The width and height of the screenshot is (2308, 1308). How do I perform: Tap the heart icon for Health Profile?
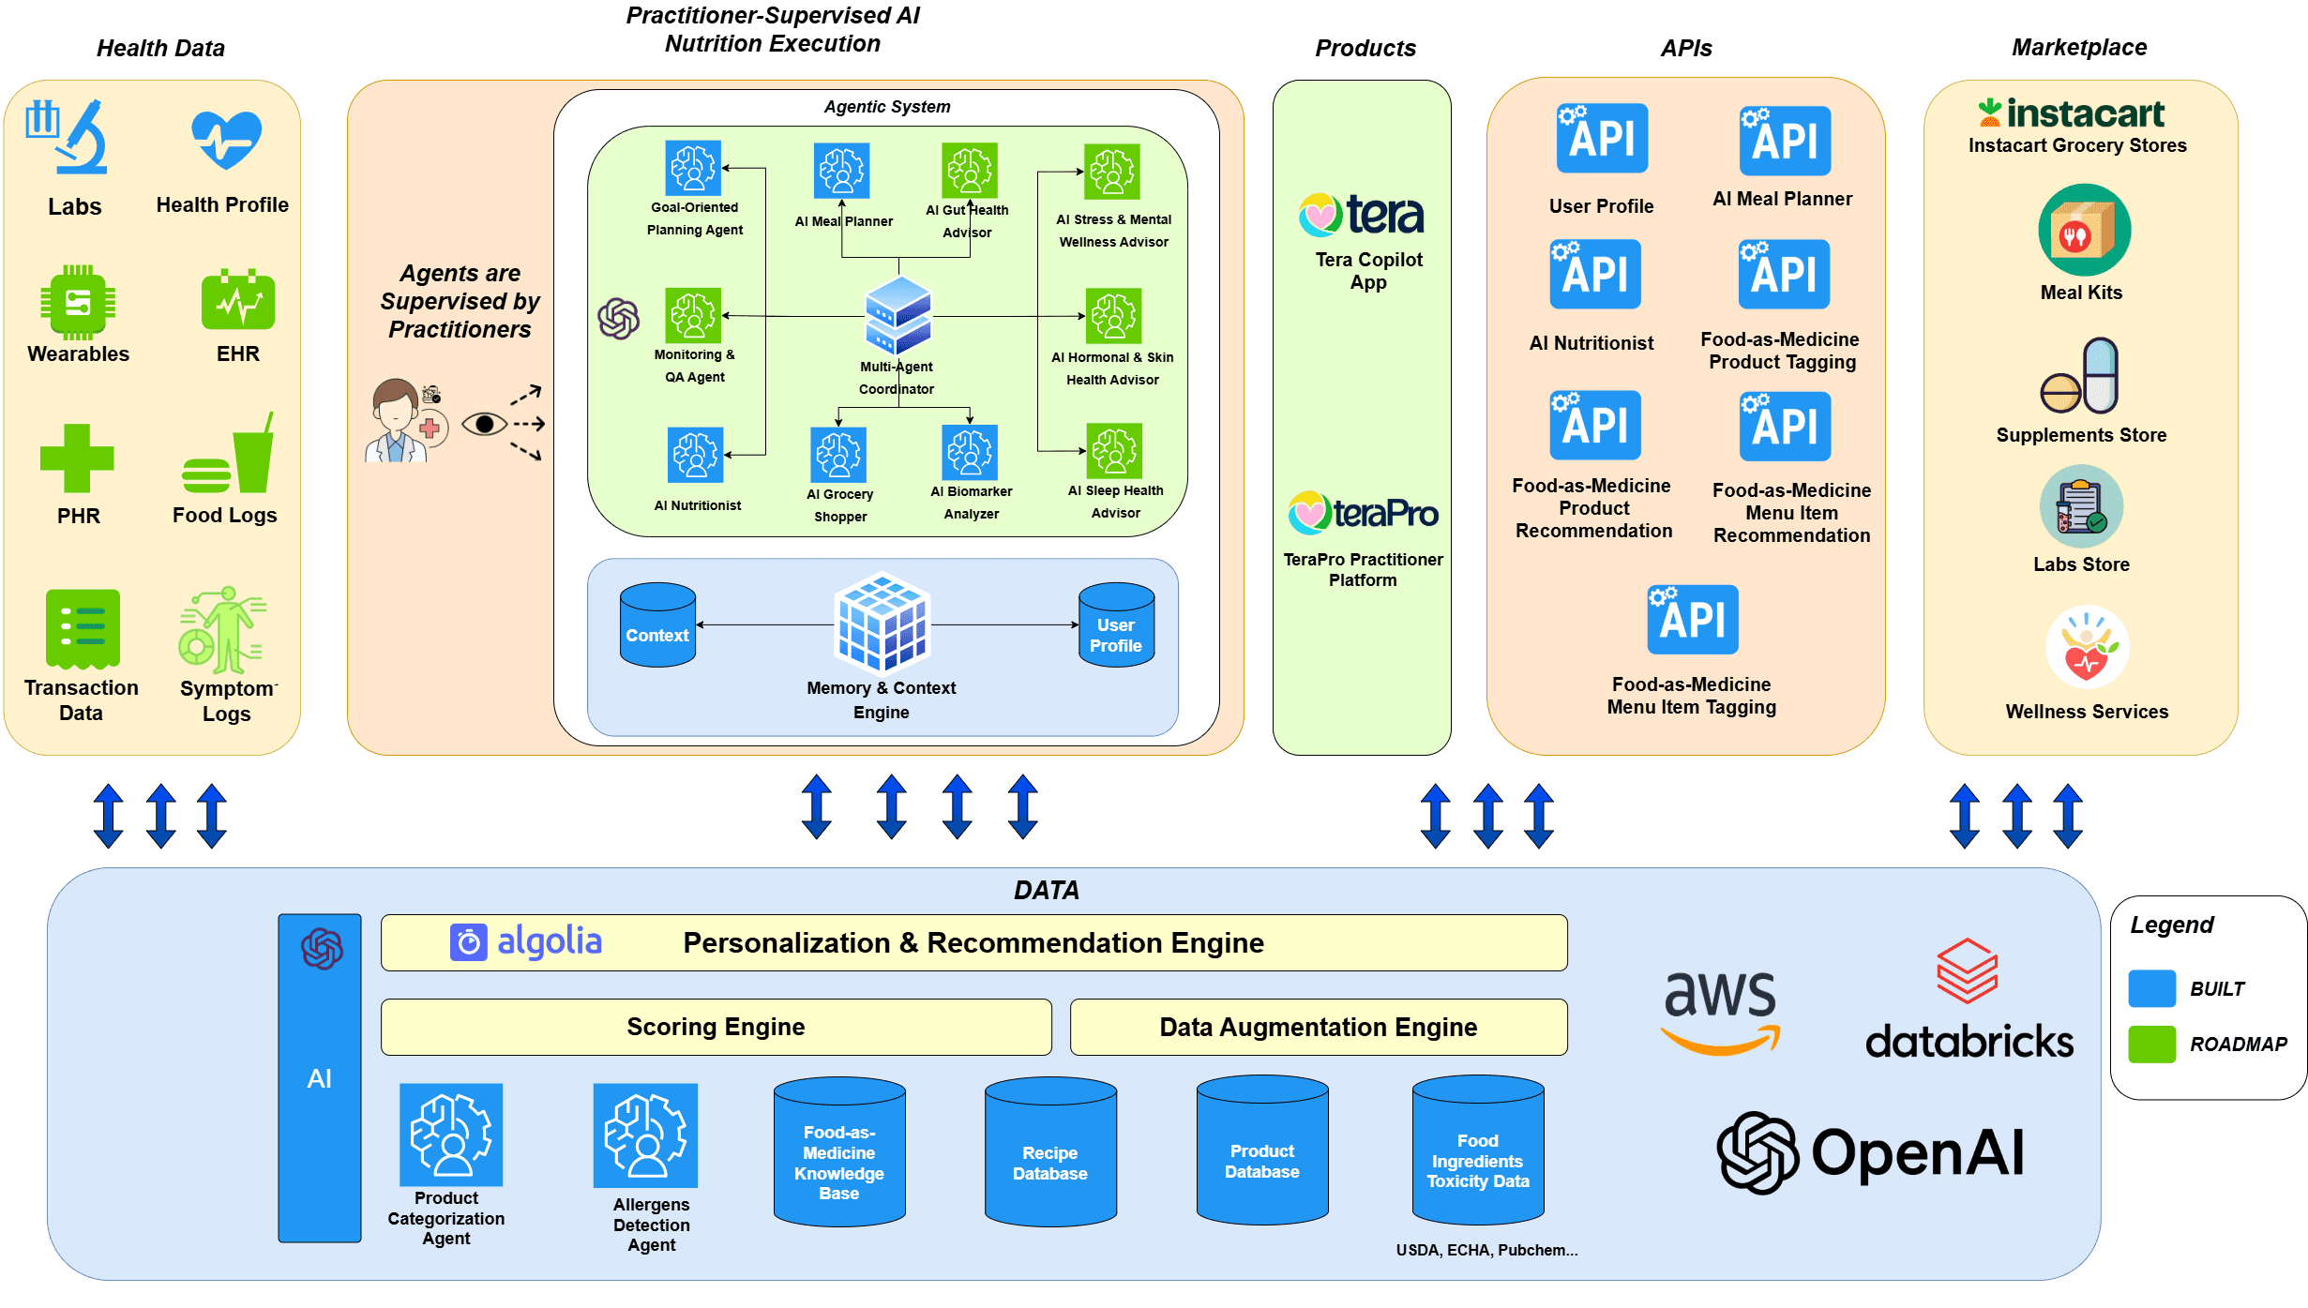click(226, 139)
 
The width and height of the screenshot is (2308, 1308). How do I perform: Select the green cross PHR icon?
click(77, 459)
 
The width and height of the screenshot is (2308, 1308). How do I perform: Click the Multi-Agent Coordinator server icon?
click(898, 315)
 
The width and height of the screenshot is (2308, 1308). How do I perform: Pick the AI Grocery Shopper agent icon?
click(838, 454)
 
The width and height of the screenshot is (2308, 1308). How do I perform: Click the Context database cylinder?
click(657, 624)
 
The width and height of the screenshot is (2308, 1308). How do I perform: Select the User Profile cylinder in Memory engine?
click(1116, 624)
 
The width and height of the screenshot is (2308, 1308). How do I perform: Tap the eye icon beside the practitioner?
click(484, 425)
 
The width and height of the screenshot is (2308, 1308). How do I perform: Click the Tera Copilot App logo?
click(1362, 215)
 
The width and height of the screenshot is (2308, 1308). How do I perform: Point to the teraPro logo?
click(1363, 513)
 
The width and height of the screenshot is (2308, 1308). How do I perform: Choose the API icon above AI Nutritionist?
click(1594, 274)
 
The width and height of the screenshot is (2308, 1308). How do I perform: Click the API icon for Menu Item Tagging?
click(1692, 619)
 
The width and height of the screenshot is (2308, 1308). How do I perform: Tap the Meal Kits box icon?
click(2084, 231)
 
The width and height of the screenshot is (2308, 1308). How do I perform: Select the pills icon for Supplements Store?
click(2080, 377)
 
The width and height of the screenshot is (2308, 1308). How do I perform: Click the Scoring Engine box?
click(716, 1027)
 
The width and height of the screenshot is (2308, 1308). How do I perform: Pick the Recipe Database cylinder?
click(1050, 1151)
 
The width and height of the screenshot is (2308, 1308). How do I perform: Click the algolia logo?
click(526, 941)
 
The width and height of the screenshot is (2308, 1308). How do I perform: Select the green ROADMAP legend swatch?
click(2151, 1044)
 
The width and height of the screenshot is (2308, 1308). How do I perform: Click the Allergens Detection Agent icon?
click(645, 1135)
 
